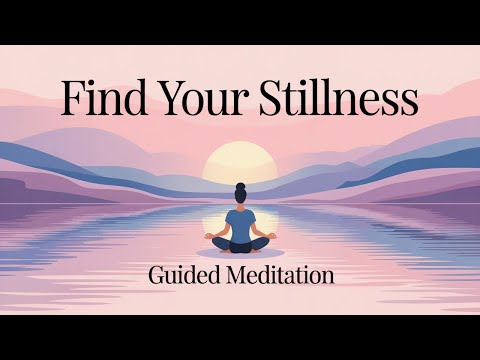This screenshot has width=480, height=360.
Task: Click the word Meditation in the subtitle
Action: (278, 274)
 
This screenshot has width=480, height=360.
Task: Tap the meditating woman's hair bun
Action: (240, 187)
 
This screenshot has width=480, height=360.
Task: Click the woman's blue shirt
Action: (240, 221)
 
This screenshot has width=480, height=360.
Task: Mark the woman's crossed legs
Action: (240, 244)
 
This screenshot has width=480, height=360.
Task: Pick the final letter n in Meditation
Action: (327, 276)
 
